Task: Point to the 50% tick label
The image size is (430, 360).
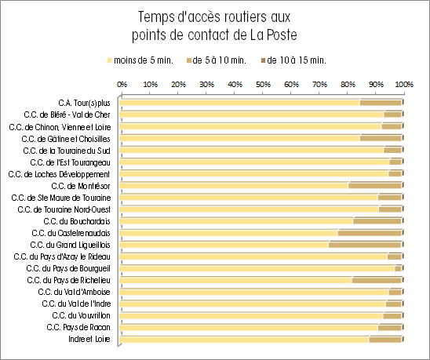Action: (263, 84)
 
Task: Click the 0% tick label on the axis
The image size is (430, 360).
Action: (122, 84)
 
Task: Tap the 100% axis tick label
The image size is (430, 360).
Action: (404, 84)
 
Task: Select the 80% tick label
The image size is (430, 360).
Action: (348, 84)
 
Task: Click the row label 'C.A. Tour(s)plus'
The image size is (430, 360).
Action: (84, 103)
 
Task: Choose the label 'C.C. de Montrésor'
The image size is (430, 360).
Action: (81, 186)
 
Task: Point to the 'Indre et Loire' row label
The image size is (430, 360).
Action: (89, 339)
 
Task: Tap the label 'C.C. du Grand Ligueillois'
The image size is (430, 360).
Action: (70, 245)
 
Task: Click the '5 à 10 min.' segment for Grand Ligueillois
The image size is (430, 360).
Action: (365, 245)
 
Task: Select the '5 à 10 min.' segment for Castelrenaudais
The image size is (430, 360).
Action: (370, 233)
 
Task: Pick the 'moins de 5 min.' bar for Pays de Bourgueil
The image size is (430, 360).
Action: (257, 268)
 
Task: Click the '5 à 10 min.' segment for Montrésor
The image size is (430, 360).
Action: (375, 186)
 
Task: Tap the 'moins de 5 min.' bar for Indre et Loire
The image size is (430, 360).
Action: (244, 339)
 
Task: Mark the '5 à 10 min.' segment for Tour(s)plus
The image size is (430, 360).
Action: (381, 103)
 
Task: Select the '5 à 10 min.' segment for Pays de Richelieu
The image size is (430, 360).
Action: (377, 280)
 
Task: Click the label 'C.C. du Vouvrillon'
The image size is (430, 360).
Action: (81, 315)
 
